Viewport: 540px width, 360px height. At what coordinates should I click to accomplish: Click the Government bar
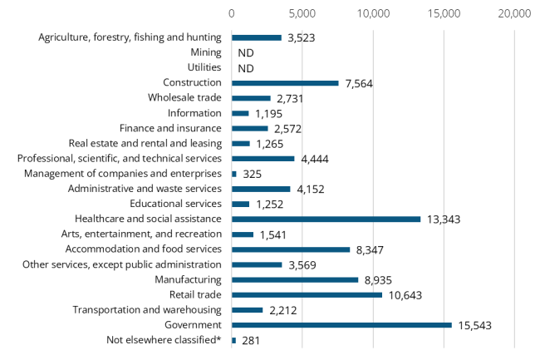[x=341, y=325]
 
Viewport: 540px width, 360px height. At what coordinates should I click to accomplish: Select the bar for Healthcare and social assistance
[x=326, y=219]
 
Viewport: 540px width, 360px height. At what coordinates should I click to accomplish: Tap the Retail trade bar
[x=307, y=294]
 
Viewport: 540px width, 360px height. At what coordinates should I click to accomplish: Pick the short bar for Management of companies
[x=234, y=174]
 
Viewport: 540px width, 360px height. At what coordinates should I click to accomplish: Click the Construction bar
[x=285, y=83]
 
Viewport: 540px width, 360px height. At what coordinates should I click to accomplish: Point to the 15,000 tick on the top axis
[x=444, y=14]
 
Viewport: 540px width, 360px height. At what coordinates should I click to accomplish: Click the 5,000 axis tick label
[x=302, y=14]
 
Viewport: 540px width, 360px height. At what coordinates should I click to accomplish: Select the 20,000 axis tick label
[x=514, y=14]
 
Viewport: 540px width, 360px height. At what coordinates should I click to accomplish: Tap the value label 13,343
[x=444, y=219]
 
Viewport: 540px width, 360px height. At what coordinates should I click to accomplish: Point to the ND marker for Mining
[x=245, y=53]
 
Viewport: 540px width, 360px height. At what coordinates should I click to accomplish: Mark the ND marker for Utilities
[x=245, y=68]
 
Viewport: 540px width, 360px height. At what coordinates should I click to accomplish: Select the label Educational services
[x=176, y=204]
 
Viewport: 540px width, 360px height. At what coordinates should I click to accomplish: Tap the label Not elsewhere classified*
[x=164, y=340]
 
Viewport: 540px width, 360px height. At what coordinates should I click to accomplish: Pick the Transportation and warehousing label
[x=147, y=309]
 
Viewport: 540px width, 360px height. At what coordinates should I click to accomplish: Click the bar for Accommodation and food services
[x=291, y=249]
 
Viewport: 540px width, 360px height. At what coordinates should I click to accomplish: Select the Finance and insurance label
[x=170, y=128]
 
